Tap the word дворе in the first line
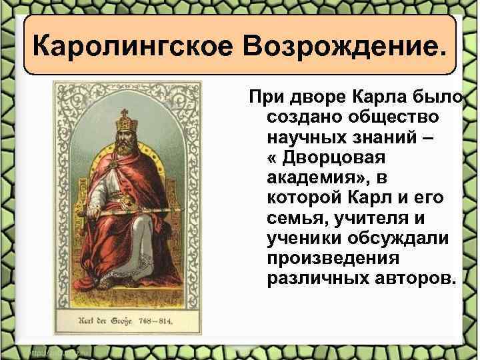coord(307,99)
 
